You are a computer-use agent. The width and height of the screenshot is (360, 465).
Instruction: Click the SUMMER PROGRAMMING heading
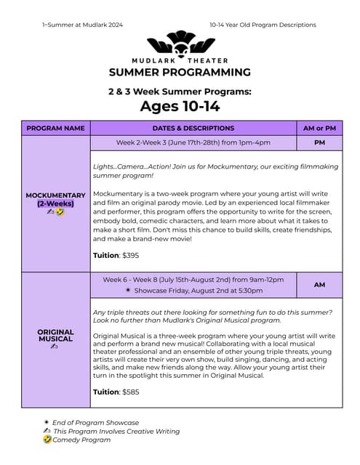[180, 72]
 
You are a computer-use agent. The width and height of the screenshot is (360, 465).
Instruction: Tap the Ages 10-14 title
[180, 106]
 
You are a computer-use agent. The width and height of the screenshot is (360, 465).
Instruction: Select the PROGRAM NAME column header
[55, 128]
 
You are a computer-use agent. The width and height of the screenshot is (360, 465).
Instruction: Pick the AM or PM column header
[319, 128]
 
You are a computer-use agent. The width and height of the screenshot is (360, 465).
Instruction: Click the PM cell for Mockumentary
[319, 143]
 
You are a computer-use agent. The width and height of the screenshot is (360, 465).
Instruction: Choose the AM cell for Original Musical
[319, 285]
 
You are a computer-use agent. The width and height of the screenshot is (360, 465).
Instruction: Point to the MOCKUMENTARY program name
[55, 195]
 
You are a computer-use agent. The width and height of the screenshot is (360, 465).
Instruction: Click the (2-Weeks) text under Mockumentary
[55, 203]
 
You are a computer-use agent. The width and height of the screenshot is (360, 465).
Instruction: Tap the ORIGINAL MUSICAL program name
[55, 335]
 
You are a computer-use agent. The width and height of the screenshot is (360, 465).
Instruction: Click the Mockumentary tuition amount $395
[130, 255]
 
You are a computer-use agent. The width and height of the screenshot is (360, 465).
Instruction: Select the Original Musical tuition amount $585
[130, 392]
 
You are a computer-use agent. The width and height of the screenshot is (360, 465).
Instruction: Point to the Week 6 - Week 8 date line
[193, 279]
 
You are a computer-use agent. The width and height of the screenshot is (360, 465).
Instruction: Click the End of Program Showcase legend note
[95, 422]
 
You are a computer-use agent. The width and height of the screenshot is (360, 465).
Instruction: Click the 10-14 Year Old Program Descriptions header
[263, 25]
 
